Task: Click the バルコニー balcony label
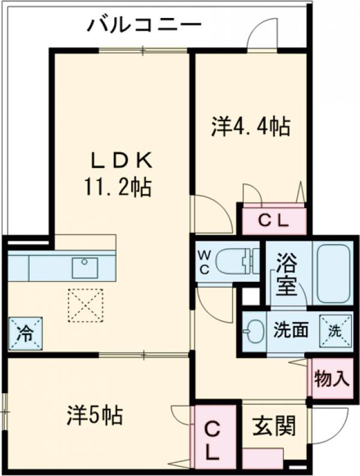tap(143, 25)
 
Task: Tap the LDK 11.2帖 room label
tap(122, 174)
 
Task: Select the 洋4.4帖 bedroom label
tap(250, 126)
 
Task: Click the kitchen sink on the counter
tap(85, 267)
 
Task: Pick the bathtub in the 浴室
tap(333, 273)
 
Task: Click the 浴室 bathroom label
tap(286, 275)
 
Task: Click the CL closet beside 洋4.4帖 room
tap(274, 221)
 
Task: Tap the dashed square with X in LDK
tap(85, 305)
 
